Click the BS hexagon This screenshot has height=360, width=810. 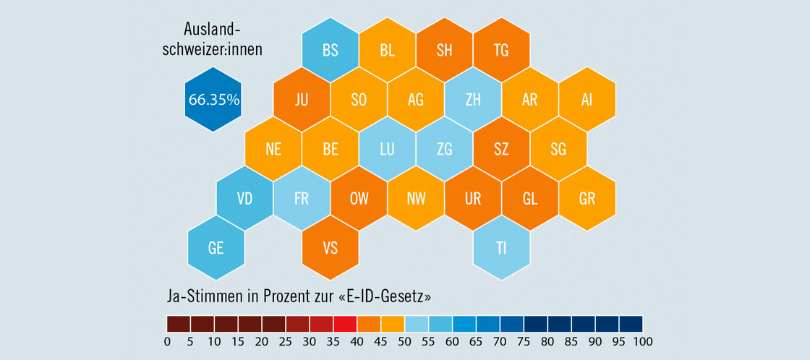(x=331, y=51)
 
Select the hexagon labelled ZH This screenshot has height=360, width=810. (x=473, y=100)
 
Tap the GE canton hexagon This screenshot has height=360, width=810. (x=216, y=248)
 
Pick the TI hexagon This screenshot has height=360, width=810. (x=501, y=248)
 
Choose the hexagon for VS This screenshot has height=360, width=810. (x=331, y=248)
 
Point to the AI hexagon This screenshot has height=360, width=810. (x=587, y=100)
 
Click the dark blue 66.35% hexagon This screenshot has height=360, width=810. (x=213, y=100)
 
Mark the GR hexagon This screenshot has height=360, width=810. (x=587, y=199)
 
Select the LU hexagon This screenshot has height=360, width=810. (x=387, y=150)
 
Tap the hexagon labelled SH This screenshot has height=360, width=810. (x=444, y=51)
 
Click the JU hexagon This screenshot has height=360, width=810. (x=302, y=100)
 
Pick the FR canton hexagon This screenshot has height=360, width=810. (x=302, y=199)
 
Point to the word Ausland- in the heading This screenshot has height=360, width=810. (x=213, y=30)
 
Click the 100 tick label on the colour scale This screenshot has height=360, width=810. (x=642, y=341)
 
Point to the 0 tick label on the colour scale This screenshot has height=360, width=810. (x=167, y=341)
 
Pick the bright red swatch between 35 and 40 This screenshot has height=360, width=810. (x=345, y=323)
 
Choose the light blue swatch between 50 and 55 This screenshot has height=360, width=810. (x=417, y=323)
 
